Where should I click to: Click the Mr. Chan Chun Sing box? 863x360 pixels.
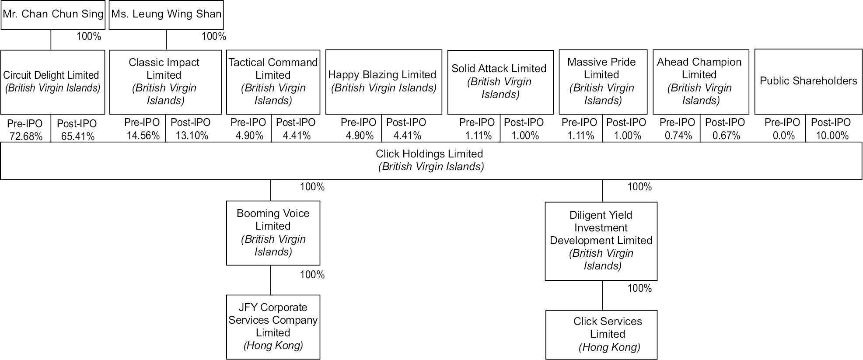pos(53,14)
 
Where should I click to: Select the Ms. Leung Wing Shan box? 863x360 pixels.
pos(166,14)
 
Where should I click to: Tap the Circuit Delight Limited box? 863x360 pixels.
pos(52,82)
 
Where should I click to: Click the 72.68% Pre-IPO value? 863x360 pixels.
pos(26,136)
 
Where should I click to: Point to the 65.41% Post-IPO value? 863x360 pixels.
pos(77,136)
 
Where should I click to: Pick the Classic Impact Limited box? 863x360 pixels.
pos(165,82)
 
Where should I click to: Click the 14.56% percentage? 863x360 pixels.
pos(143,136)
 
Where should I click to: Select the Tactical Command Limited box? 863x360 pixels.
pos(273,82)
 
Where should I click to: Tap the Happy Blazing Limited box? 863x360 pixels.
pos(383,82)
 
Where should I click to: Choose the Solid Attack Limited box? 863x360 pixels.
pos(500,82)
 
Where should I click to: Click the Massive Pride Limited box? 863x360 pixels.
pos(602,82)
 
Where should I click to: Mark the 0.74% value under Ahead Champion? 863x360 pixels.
pos(678,136)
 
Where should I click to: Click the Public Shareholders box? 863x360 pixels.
pos(808,81)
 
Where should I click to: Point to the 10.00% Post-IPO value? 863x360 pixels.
pos(832,136)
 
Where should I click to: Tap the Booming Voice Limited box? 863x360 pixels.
pos(273,233)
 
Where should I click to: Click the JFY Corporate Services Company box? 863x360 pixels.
pos(273,327)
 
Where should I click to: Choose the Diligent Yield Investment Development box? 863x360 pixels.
pos(601,241)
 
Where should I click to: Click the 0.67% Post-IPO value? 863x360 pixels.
pos(726,136)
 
